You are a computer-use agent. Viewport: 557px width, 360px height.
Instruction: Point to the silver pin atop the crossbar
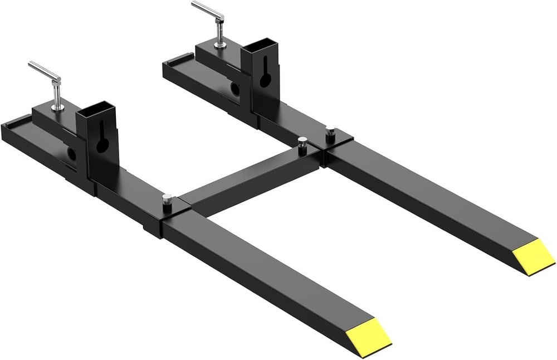pyautogui.click(x=302, y=142)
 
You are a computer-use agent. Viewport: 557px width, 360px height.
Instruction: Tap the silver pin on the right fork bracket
pyautogui.click(x=330, y=134)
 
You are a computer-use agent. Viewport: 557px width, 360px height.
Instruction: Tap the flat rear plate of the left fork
pyautogui.click(x=22, y=123)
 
